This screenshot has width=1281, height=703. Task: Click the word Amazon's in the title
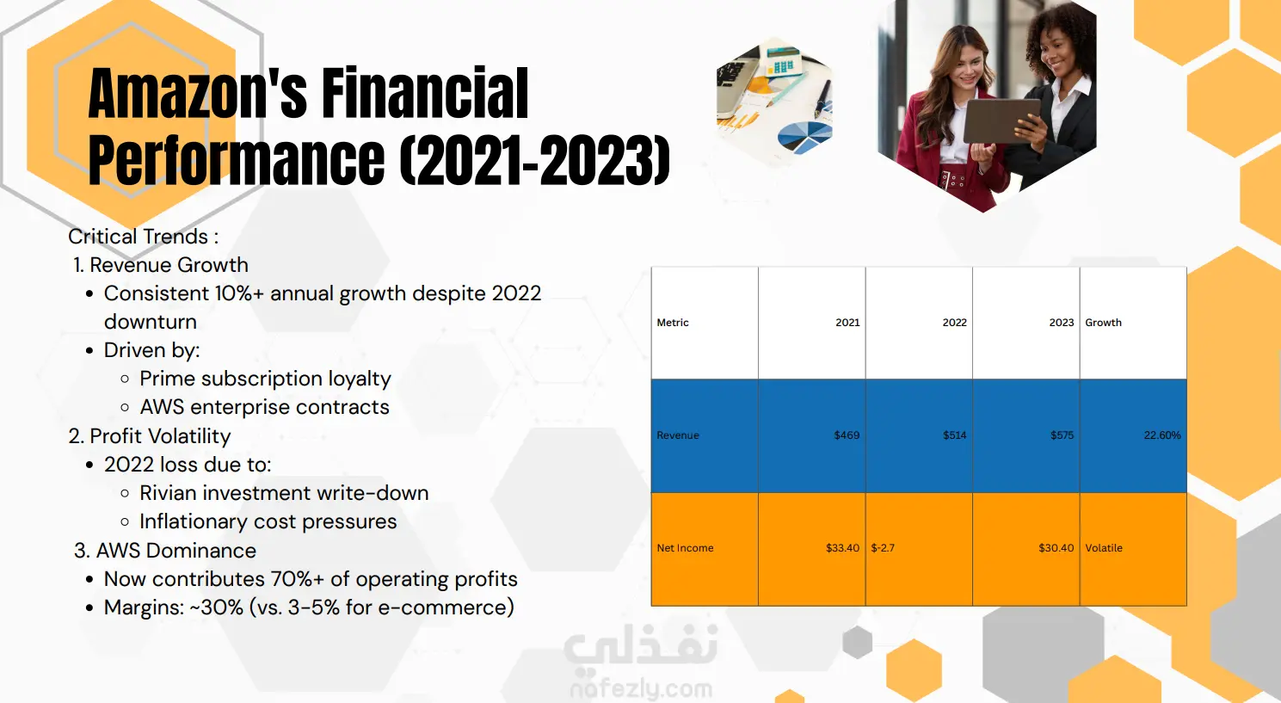tap(198, 93)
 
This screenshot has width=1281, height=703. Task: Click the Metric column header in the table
tap(673, 323)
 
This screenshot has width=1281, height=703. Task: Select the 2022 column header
tap(954, 323)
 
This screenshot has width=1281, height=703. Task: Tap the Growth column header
tap(1103, 323)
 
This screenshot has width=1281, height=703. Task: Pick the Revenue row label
tap(678, 435)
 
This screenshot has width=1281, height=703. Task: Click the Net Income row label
tap(685, 548)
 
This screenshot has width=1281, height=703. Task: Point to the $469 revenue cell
tap(847, 435)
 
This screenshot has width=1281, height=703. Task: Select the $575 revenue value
tap(1062, 435)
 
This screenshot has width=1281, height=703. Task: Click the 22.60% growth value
tap(1162, 435)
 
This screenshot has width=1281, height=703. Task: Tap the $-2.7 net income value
tap(883, 548)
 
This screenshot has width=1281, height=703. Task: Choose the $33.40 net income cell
tap(842, 548)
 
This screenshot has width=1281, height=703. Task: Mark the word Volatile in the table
tap(1104, 548)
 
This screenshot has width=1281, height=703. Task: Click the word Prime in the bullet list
tap(167, 379)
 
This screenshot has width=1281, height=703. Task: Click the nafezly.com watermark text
tap(641, 688)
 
